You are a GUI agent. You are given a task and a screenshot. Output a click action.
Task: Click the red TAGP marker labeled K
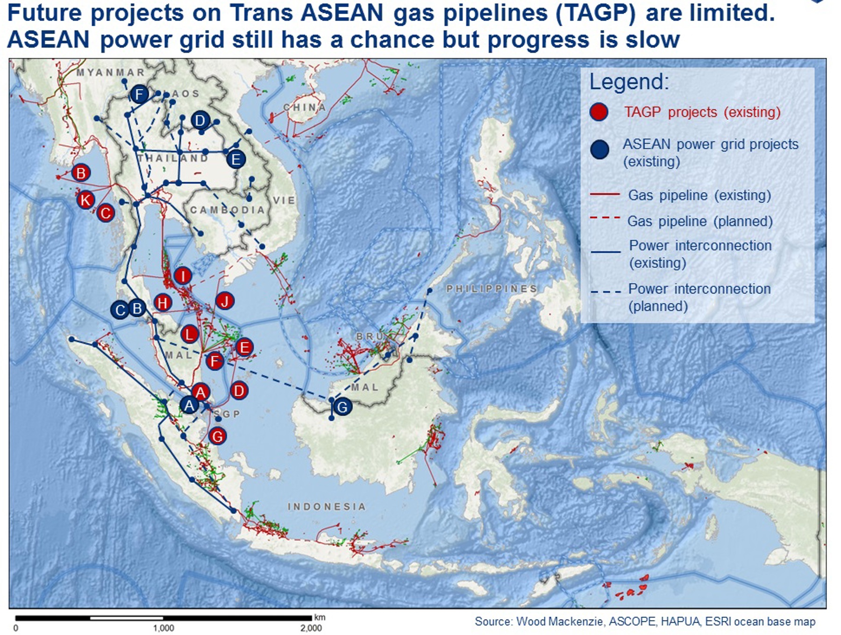click(86, 200)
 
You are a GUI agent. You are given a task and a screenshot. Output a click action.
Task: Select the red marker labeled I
click(183, 276)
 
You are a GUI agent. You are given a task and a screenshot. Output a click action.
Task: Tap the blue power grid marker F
click(139, 95)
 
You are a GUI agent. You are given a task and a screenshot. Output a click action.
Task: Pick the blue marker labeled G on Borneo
click(342, 407)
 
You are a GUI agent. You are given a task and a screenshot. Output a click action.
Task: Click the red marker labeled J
click(225, 301)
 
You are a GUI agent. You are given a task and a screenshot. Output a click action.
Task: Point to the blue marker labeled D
click(200, 121)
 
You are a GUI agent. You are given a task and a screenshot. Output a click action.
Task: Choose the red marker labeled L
click(189, 334)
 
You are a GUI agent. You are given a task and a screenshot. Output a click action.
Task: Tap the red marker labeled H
click(163, 303)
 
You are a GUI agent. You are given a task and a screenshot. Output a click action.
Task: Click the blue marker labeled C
click(120, 310)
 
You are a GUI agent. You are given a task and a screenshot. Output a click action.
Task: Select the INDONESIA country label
click(327, 507)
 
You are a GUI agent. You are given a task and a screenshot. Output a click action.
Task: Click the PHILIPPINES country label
click(492, 288)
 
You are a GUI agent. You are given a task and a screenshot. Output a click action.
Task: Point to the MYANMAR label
click(110, 72)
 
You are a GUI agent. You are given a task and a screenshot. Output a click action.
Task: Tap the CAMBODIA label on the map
click(228, 210)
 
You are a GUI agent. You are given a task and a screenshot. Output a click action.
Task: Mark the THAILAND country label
click(173, 158)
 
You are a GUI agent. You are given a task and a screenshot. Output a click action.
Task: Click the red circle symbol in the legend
click(599, 112)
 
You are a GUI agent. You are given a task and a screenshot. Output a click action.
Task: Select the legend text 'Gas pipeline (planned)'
click(700, 221)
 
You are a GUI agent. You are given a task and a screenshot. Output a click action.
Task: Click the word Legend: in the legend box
click(629, 82)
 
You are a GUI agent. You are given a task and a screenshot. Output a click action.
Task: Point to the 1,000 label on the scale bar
click(164, 628)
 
